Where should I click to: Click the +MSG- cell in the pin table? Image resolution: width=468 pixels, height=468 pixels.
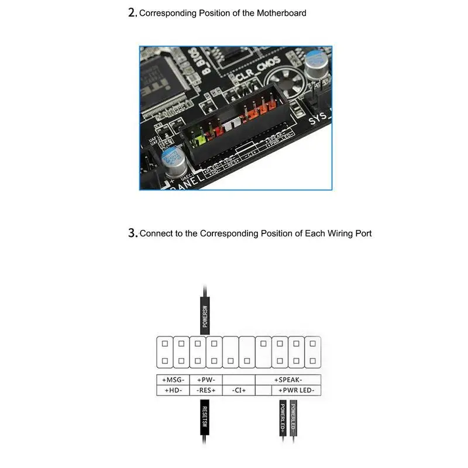point(173,380)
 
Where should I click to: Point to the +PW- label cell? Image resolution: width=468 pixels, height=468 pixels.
point(206,380)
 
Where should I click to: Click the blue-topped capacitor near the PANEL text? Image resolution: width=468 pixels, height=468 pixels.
point(174,159)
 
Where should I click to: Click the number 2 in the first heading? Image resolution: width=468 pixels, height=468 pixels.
point(132,13)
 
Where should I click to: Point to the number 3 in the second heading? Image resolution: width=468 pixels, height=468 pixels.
point(132,233)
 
